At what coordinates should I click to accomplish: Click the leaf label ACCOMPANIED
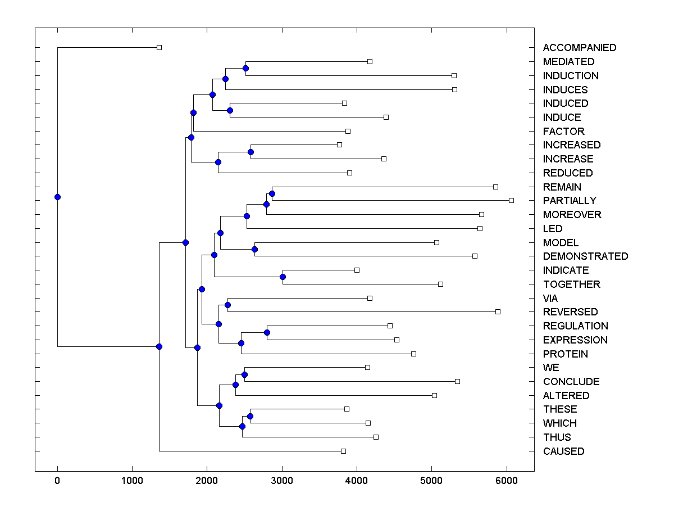point(579,48)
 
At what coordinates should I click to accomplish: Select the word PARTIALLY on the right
point(570,201)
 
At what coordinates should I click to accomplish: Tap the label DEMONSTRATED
point(585,256)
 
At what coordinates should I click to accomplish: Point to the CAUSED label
point(563,451)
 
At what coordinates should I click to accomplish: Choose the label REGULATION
point(575,326)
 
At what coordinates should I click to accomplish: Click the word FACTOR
point(563,132)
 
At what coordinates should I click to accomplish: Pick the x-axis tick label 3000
point(282,481)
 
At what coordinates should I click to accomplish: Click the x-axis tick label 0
point(57,481)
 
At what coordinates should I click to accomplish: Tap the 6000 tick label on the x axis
point(507,481)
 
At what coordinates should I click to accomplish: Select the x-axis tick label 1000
point(132,481)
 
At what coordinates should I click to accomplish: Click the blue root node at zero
point(57,197)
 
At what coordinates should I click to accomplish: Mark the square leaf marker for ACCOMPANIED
point(159,48)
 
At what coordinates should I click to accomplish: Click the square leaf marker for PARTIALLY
point(511,201)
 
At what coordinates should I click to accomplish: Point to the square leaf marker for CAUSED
point(343,451)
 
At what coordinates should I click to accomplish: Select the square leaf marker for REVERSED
point(498,312)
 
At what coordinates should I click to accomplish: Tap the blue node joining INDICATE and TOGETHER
point(283,277)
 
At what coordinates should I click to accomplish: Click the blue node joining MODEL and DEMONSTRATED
point(254,249)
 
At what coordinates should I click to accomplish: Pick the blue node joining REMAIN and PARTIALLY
point(272,193)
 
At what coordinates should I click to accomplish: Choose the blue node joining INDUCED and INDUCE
point(230,110)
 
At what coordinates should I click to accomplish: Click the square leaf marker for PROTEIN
point(413,354)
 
